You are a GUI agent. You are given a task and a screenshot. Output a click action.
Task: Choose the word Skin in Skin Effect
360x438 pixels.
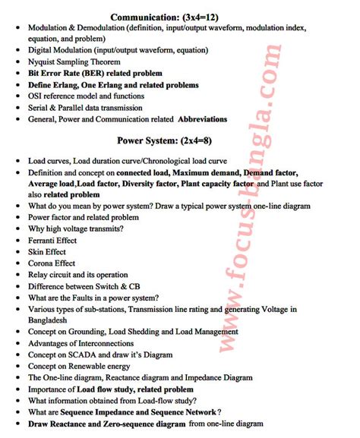pos(37,252)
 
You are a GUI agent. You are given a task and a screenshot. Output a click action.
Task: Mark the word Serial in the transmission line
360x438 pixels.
pos(41,107)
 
